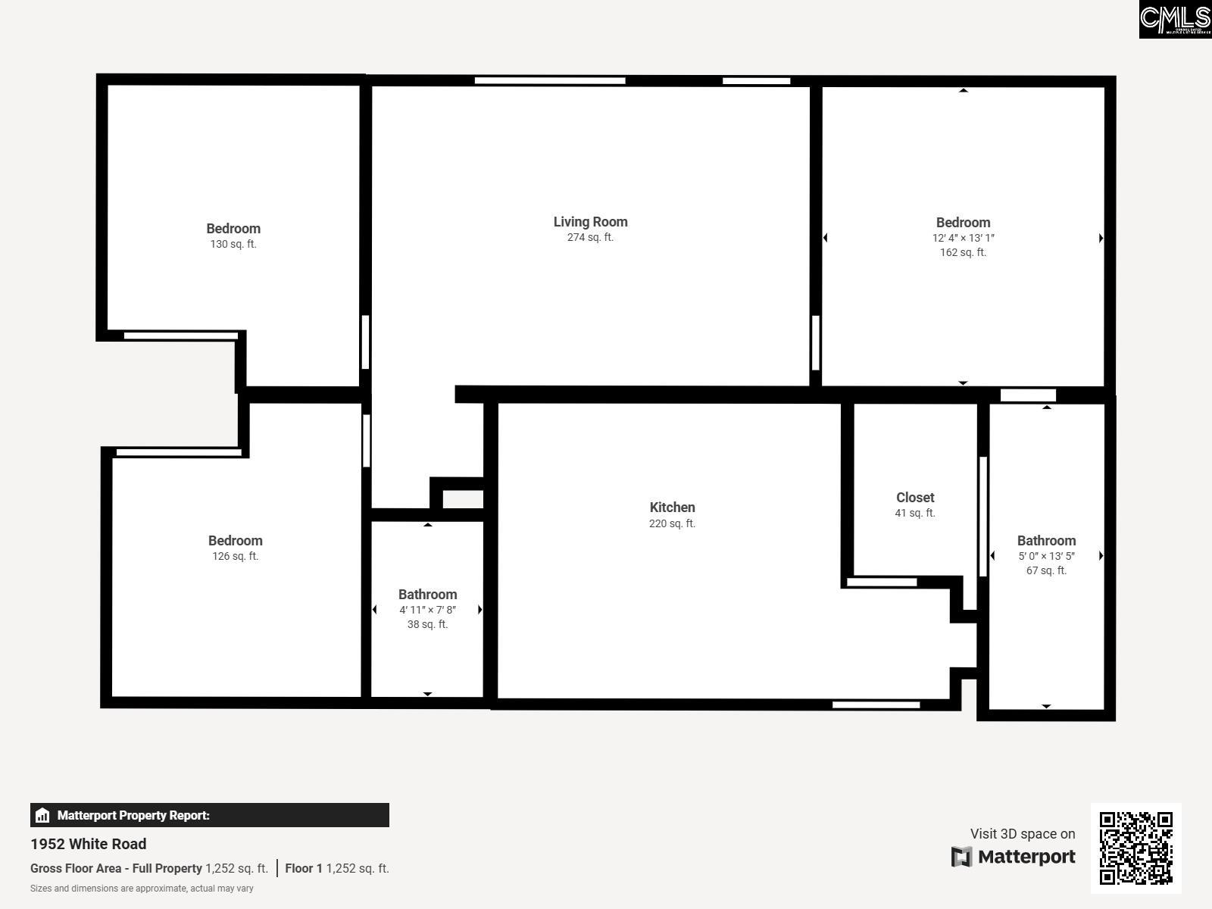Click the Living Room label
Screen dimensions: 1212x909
pyautogui.click(x=590, y=222)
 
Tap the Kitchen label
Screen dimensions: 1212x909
pyautogui.click(x=672, y=508)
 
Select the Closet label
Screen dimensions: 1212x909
pyautogui.click(x=915, y=497)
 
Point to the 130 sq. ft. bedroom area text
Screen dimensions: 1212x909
pyautogui.click(x=233, y=244)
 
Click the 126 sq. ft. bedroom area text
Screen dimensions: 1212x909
pyautogui.click(x=236, y=556)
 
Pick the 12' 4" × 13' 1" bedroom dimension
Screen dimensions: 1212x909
pyautogui.click(x=963, y=238)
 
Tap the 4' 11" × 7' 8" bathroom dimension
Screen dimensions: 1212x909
pyautogui.click(x=427, y=610)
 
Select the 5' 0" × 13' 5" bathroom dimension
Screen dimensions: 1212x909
pyautogui.click(x=1046, y=556)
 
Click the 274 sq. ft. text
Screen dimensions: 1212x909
pyautogui.click(x=590, y=237)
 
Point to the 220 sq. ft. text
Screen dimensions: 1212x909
pyautogui.click(x=672, y=523)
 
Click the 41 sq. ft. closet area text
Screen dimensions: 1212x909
pyautogui.click(x=915, y=513)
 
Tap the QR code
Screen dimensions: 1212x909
pyautogui.click(x=1135, y=848)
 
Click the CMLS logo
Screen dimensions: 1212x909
pyautogui.click(x=1175, y=19)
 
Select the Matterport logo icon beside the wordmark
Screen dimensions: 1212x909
pyautogui.click(x=961, y=857)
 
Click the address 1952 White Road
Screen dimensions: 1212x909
pyautogui.click(x=89, y=844)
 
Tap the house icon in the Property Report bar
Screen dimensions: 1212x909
pyautogui.click(x=42, y=815)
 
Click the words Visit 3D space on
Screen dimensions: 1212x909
pyautogui.click(x=1023, y=833)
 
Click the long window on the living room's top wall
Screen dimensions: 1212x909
pyautogui.click(x=550, y=80)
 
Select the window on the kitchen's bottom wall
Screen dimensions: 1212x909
pyautogui.click(x=876, y=704)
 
